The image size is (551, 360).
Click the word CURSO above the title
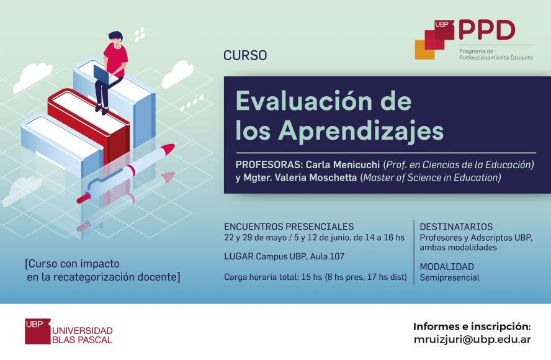coord(245,55)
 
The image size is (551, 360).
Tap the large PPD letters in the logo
coord(486,30)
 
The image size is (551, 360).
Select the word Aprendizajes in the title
coord(361,131)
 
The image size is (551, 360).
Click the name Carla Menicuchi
coord(343,164)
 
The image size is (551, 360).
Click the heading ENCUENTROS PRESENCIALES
coord(289,227)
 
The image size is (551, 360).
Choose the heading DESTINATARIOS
coord(456,227)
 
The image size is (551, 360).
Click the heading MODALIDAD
coord(447,266)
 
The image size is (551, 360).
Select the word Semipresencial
coord(449,277)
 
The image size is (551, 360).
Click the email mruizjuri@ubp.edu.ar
coord(472,340)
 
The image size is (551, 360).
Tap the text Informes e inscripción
coord(472,326)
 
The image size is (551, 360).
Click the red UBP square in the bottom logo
coord(38,331)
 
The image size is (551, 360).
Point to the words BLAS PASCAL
coord(83,340)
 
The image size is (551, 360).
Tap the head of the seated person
coord(115,38)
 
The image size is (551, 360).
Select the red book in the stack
coord(89,123)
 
